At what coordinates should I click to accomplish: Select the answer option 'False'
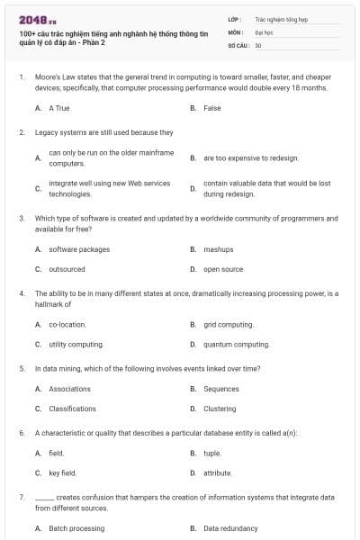point(212,108)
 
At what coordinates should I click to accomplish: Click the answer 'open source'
point(223,269)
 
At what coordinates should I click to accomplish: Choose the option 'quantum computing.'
point(237,344)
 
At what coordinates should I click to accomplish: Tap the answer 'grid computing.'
point(229,324)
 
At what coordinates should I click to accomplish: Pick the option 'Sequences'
point(221,389)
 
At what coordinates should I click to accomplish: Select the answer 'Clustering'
point(220,409)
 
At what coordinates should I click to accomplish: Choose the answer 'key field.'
point(62,472)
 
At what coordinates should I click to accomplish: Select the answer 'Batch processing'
point(76,528)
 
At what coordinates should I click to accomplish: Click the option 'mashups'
point(219,249)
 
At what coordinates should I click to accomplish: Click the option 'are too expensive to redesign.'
point(251,157)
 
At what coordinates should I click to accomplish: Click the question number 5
point(22,368)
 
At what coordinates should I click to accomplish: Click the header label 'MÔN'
point(236,31)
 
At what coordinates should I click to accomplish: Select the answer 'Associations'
point(69,389)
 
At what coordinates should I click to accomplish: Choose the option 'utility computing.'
point(76,344)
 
